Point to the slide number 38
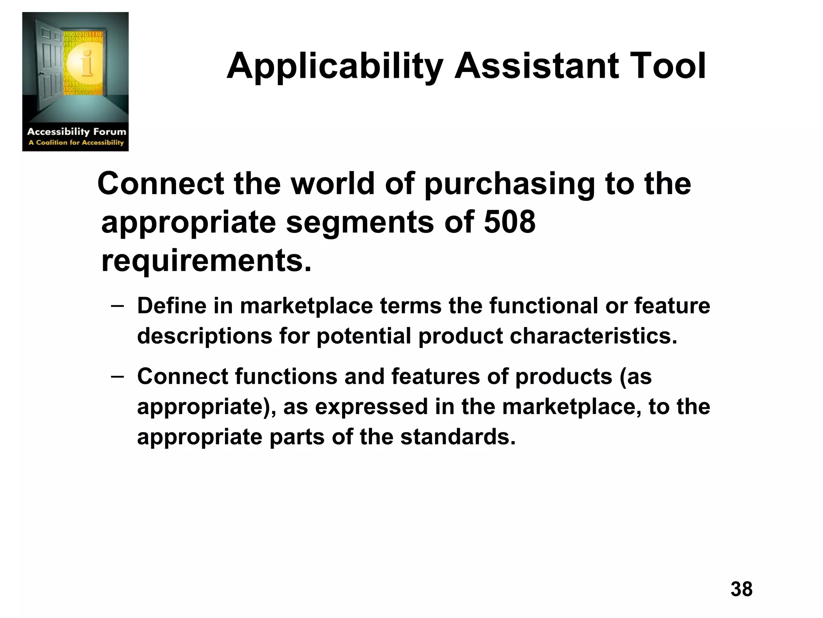tap(741, 589)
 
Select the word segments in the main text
tap(360, 222)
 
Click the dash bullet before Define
tap(117, 306)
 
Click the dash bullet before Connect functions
tap(117, 377)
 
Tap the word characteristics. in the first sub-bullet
tap(594, 336)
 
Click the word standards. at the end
tap(458, 437)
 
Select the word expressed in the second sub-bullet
tap(371, 407)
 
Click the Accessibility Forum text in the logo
tap(76, 132)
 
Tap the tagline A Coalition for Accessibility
tap(76, 142)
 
